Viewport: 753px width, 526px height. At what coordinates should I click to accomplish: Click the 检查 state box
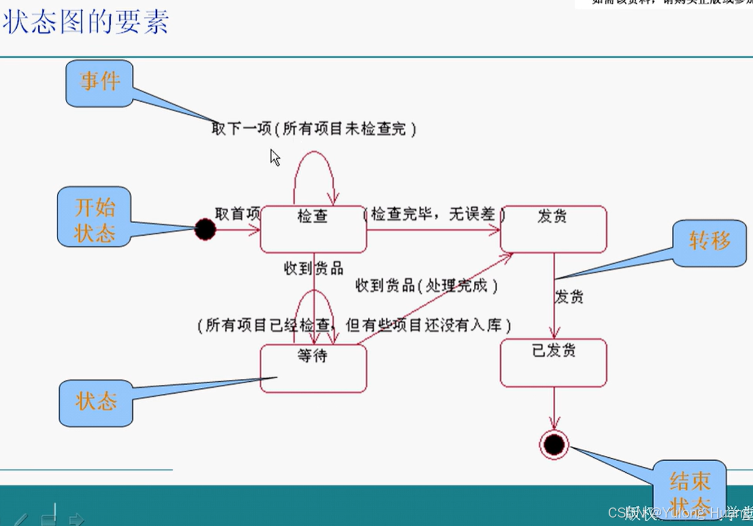(313, 229)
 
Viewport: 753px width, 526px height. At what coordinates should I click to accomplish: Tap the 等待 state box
(313, 369)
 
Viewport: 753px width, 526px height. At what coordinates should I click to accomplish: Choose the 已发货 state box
(553, 363)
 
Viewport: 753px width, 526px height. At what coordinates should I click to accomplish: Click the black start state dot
(205, 229)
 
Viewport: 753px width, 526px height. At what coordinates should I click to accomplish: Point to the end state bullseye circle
(554, 445)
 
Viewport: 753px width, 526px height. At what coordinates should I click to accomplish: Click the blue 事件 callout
(99, 83)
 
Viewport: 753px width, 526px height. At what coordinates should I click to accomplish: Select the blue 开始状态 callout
(95, 217)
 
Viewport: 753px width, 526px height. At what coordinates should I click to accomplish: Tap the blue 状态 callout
(96, 402)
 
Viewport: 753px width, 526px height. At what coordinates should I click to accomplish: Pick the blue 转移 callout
(710, 242)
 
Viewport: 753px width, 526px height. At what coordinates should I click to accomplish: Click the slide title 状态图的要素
(86, 22)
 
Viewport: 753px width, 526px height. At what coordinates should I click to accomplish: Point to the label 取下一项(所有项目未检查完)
(313, 129)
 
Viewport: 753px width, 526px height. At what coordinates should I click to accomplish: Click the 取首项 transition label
(237, 214)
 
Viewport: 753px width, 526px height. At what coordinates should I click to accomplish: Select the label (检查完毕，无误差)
(435, 214)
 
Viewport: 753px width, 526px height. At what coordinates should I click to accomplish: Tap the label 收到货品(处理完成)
(427, 285)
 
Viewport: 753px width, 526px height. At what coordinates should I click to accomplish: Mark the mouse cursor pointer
(275, 157)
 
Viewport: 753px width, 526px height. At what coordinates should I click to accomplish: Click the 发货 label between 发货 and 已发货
(569, 297)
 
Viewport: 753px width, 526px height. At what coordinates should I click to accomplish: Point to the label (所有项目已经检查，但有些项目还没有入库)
(355, 326)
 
